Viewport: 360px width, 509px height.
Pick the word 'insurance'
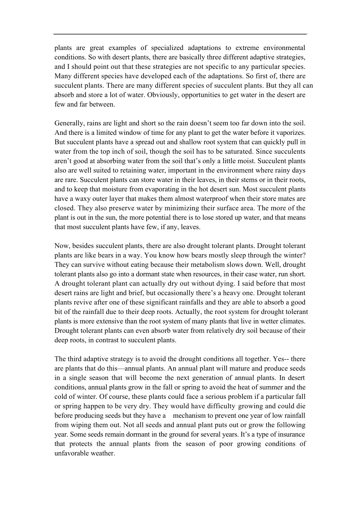click(291, 435)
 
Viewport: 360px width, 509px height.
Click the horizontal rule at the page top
click(180, 34)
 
